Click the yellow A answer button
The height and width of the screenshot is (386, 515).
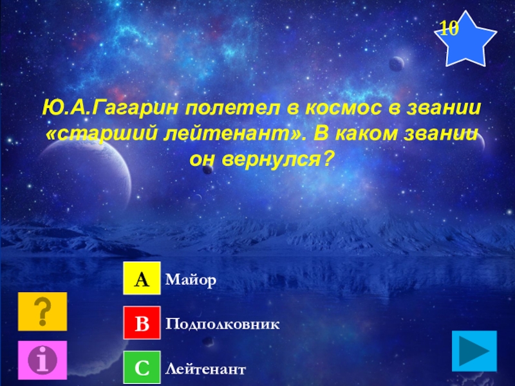point(142,280)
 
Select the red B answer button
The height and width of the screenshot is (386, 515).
point(142,324)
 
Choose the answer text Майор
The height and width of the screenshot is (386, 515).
point(191,280)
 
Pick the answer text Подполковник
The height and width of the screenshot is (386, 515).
point(222,324)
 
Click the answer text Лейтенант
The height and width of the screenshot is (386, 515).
point(205,369)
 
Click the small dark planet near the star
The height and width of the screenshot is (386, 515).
point(397,64)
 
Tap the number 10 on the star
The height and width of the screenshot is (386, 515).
point(449,28)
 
